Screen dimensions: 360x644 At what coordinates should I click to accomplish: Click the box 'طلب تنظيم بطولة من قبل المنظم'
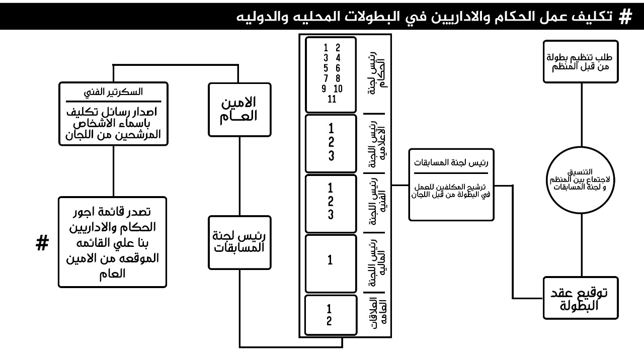click(x=580, y=61)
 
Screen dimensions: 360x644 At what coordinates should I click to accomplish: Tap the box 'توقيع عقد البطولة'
click(x=580, y=298)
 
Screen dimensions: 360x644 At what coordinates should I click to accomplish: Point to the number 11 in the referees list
click(x=332, y=99)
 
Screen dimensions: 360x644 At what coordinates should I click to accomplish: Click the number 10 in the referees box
click(x=338, y=89)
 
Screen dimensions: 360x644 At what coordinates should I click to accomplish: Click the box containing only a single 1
click(x=330, y=260)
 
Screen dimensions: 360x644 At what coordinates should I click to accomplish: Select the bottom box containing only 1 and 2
click(x=330, y=315)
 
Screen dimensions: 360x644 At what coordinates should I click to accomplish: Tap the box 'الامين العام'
click(x=239, y=109)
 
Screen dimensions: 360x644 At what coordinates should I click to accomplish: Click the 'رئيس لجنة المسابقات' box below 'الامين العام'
click(x=239, y=242)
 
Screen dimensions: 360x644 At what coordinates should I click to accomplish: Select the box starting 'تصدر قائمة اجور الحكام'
click(x=112, y=242)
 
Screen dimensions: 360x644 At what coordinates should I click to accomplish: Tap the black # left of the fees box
click(x=42, y=244)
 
